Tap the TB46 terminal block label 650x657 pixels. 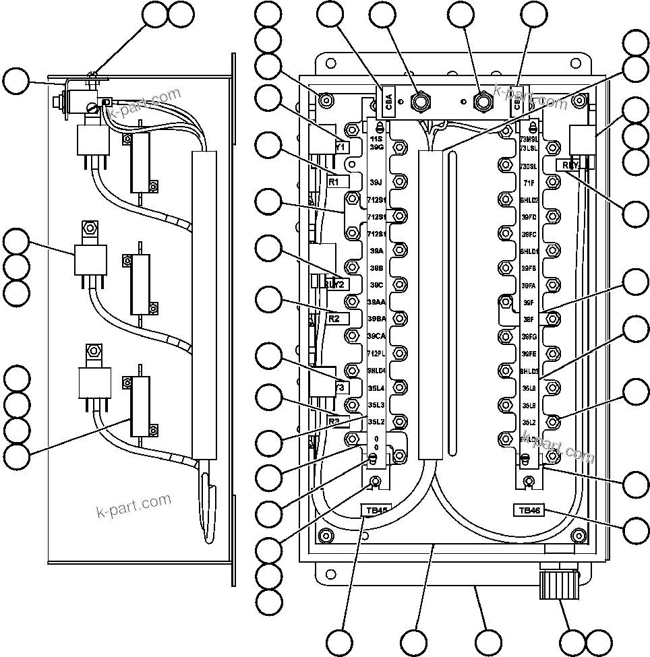[x=527, y=510]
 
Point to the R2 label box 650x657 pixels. [x=337, y=318]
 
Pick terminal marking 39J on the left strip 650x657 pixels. [x=376, y=182]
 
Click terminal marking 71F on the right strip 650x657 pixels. [x=528, y=183]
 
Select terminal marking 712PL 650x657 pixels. [x=376, y=353]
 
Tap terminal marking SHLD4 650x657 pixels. [x=376, y=371]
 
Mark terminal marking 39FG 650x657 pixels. [x=529, y=336]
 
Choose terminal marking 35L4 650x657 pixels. [x=376, y=387]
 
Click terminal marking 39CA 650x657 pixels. [x=376, y=336]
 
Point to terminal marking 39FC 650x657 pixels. [x=529, y=234]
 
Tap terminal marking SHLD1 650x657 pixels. [x=529, y=251]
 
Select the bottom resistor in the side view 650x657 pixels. [x=142, y=408]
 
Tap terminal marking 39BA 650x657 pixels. [x=376, y=318]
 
